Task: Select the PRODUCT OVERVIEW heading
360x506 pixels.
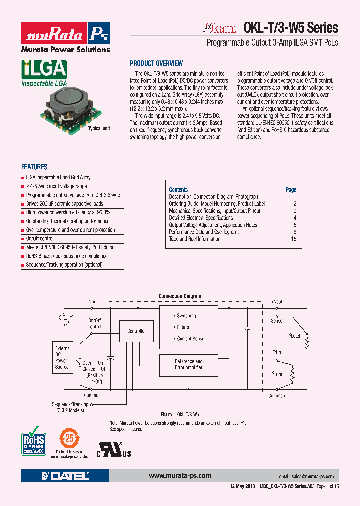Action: (156, 63)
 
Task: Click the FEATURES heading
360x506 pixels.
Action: (34, 167)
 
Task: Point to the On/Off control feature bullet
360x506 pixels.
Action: (40, 239)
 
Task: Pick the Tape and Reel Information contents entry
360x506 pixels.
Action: (195, 239)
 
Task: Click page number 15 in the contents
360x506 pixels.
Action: (293, 239)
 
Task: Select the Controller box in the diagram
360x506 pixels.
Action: (137, 331)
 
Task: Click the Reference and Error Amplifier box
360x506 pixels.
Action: (188, 365)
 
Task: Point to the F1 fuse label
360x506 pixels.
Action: (71, 317)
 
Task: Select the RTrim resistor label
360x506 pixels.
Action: (276, 373)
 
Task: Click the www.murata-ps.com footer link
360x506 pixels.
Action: (180, 476)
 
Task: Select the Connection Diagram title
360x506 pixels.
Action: (180, 296)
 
